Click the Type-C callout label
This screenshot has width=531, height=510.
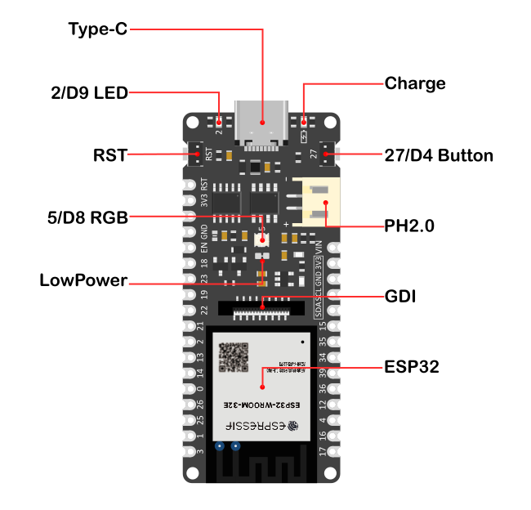[x=97, y=30]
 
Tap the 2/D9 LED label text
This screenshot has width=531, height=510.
[x=89, y=93]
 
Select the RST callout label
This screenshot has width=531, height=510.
[x=110, y=154]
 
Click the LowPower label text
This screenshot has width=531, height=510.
[x=83, y=281]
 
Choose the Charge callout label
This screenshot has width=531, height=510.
[x=415, y=83]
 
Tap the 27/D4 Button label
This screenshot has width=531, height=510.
[x=439, y=154]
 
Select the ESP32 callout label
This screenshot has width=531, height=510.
[x=412, y=368]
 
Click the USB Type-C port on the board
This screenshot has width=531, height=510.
[x=262, y=126]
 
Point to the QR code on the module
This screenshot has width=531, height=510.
[x=233, y=357]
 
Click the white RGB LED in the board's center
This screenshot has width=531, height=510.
[x=262, y=241]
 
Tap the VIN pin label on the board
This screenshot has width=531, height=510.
[x=319, y=246]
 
